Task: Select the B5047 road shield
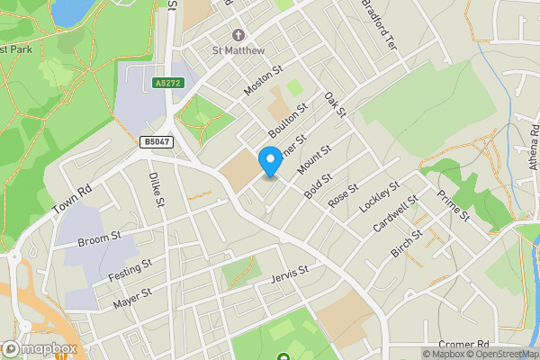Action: point(155,141)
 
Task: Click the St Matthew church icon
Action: point(239,35)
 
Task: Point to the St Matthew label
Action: point(239,50)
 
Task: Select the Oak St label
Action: point(335,104)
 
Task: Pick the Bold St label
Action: point(319,185)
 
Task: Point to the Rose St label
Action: point(343,197)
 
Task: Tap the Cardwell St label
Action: point(396,213)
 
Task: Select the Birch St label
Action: point(407,242)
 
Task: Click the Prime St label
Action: point(453,206)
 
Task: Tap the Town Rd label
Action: point(72,200)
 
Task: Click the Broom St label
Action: point(99,238)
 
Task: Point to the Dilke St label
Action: point(156,190)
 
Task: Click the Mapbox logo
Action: point(39,348)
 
